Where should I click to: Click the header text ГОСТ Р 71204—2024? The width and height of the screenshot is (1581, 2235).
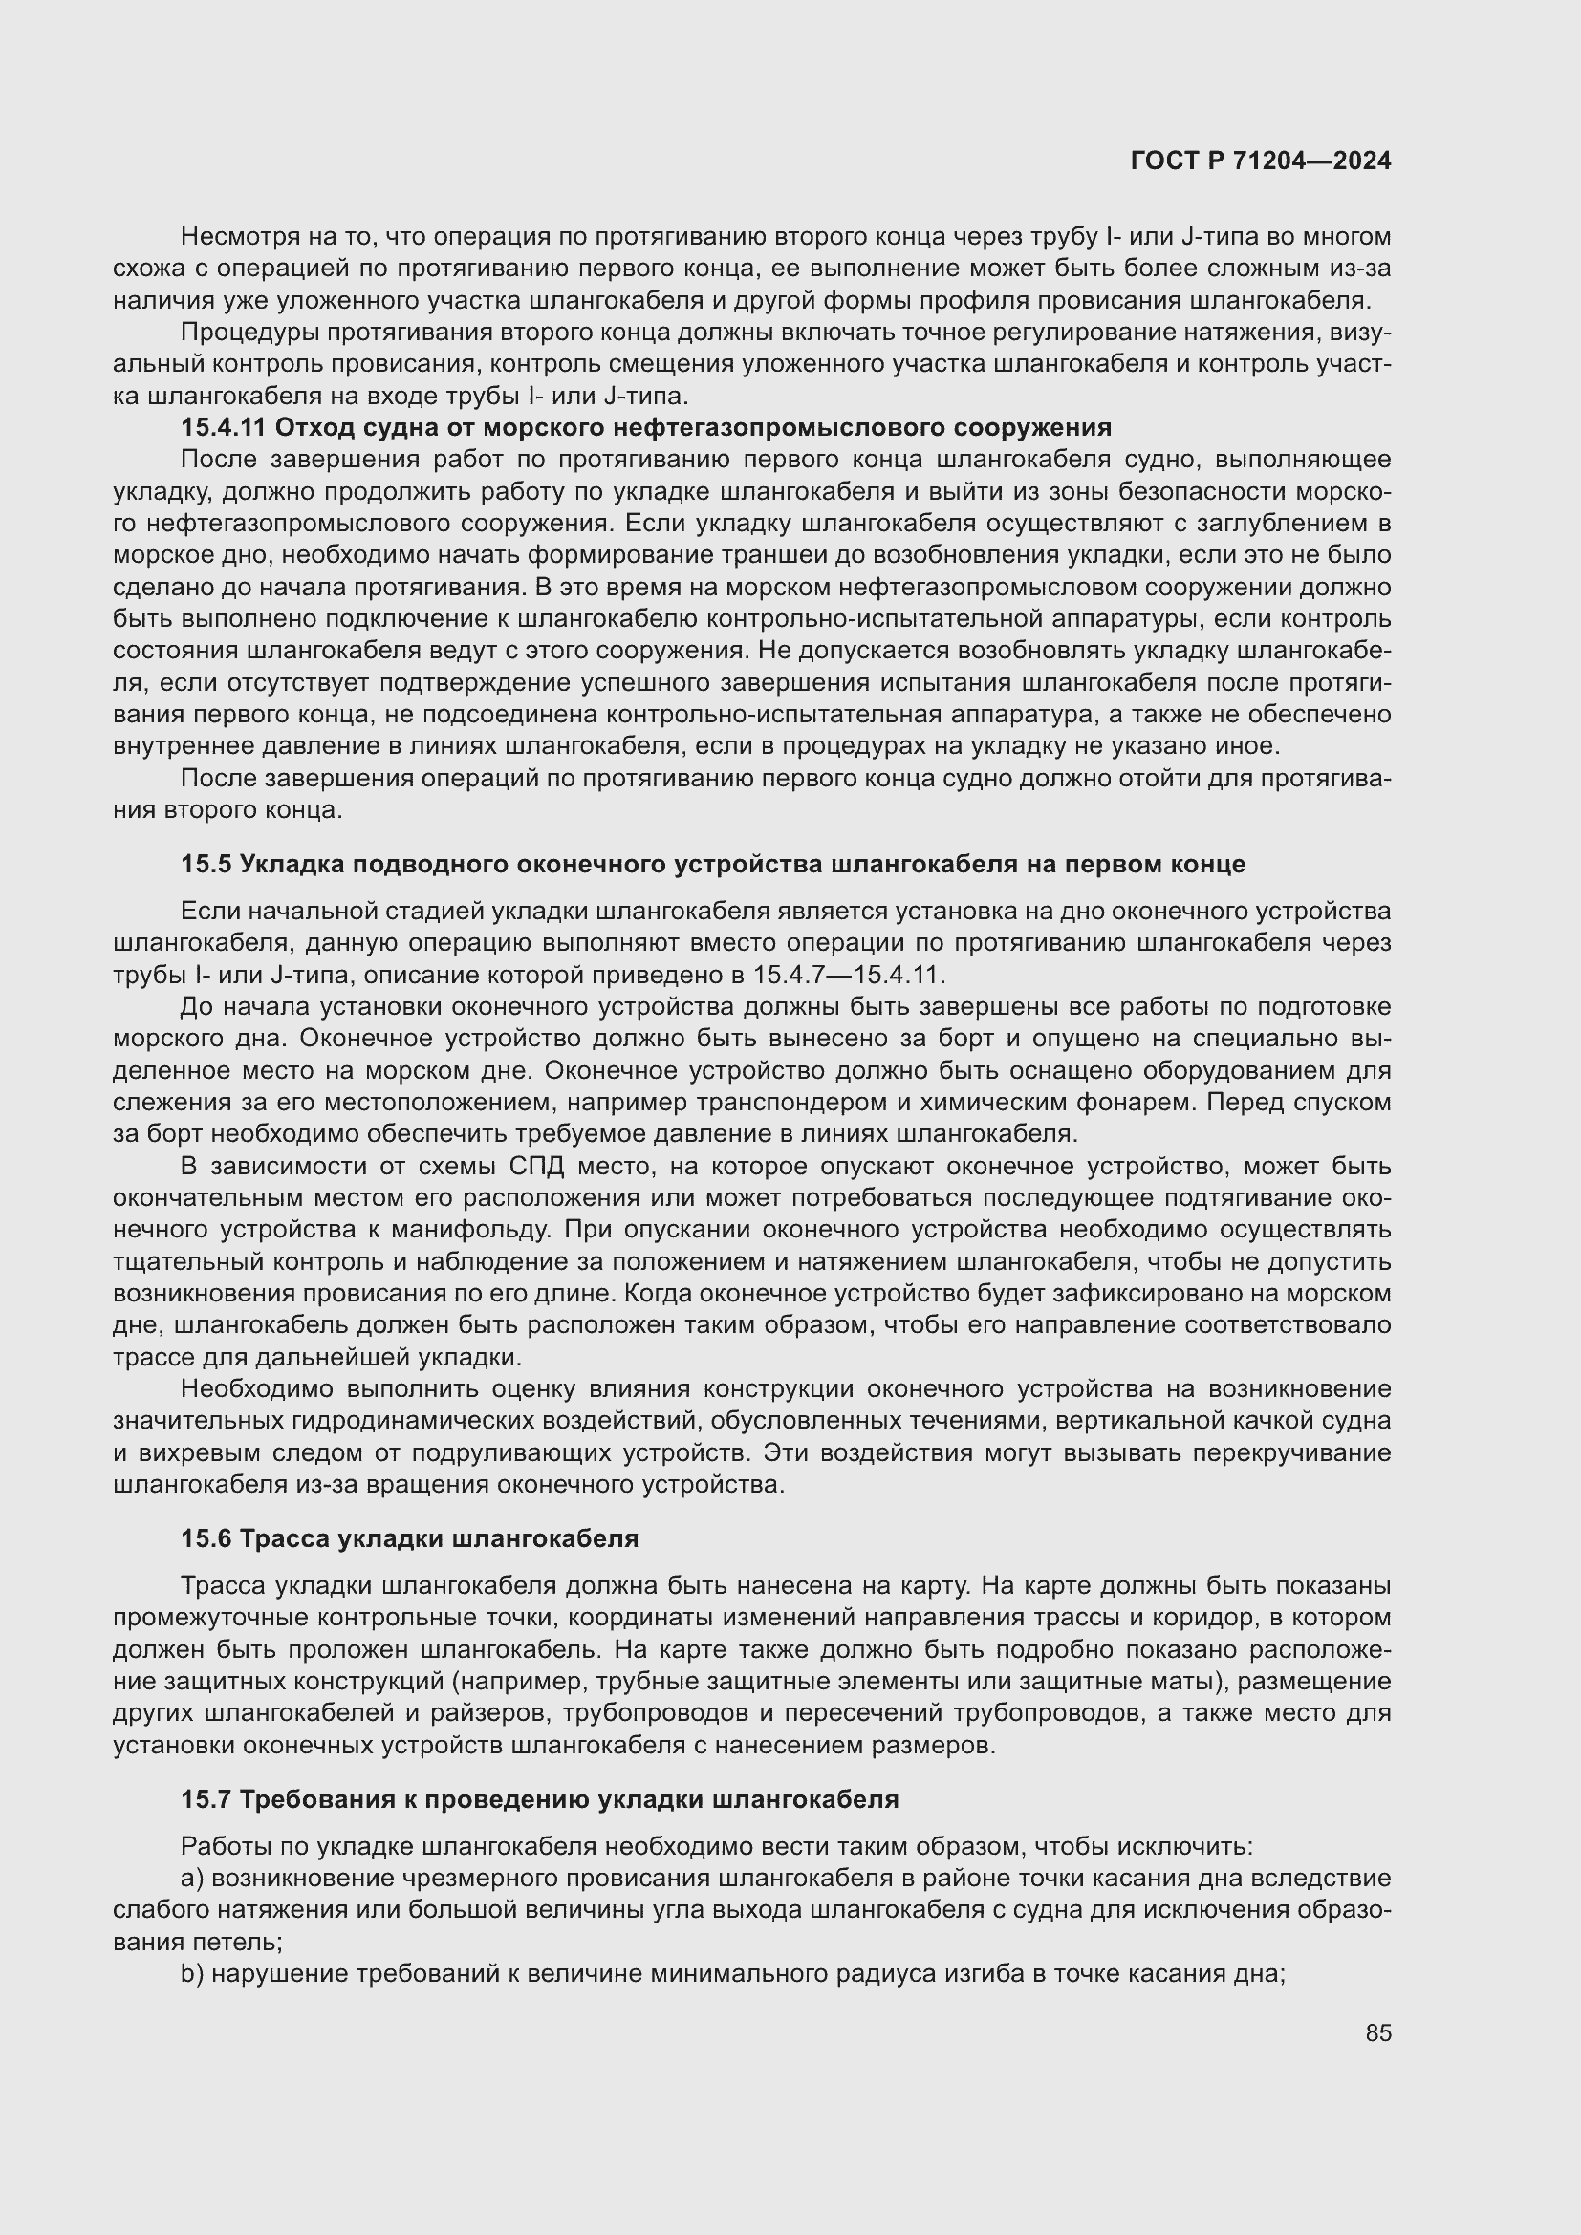pyautogui.click(x=1261, y=161)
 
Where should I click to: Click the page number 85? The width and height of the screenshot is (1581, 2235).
pyautogui.click(x=1377, y=2032)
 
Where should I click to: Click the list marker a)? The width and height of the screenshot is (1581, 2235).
pyautogui.click(x=192, y=1878)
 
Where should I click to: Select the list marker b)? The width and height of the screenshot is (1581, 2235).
pyautogui.click(x=192, y=1973)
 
